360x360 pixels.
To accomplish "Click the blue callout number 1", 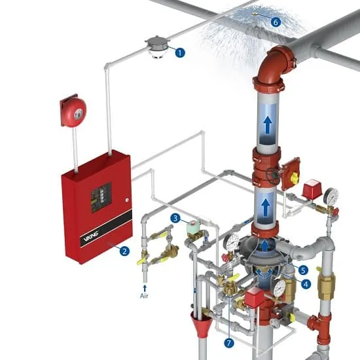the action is click(180, 52).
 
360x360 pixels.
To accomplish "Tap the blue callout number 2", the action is click(124, 251).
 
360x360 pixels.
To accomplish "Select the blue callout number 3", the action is click(175, 218).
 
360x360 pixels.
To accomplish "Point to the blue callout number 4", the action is click(306, 284).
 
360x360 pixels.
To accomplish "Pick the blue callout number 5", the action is click(303, 270).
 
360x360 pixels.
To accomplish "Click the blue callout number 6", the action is click(276, 22).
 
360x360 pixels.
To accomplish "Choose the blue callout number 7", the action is click(229, 343).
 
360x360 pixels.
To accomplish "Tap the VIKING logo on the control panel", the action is click(91, 236).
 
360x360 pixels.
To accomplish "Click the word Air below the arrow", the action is click(144, 296).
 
